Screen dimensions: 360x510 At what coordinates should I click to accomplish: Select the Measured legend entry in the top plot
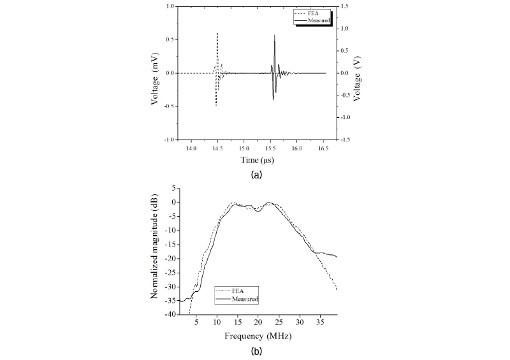click(320, 20)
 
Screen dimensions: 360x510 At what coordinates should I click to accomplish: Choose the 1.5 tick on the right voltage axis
click(343, 7)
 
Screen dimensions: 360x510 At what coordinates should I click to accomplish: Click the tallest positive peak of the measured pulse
click(275, 36)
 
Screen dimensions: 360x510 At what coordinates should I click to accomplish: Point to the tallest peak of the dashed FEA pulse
click(217, 33)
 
